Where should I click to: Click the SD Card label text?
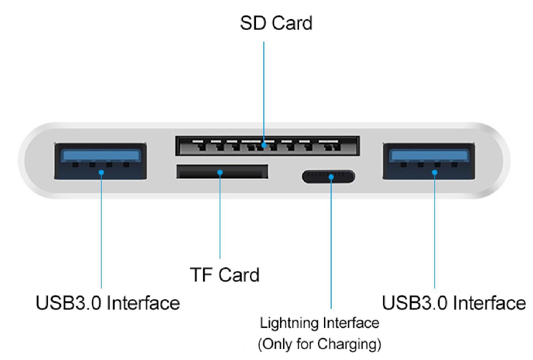tap(276, 23)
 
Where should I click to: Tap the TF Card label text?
tap(225, 275)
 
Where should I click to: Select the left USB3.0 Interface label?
tap(108, 303)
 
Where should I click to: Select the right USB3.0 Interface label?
tap(454, 303)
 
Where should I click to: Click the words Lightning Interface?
tap(319, 323)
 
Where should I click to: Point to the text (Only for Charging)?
tap(319, 344)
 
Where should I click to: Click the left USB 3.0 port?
tap(100, 161)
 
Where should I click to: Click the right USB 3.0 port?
tap(429, 161)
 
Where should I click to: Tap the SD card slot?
tap(267, 146)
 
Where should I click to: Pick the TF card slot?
tap(222, 171)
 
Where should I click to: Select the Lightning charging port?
tap(328, 176)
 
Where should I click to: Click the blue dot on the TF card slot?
tap(220, 172)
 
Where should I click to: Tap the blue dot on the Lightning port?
tap(331, 176)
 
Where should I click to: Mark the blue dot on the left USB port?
tap(101, 172)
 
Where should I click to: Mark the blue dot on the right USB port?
tap(435, 172)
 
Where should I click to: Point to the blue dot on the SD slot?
tap(264, 145)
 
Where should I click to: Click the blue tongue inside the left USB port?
tap(100, 155)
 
